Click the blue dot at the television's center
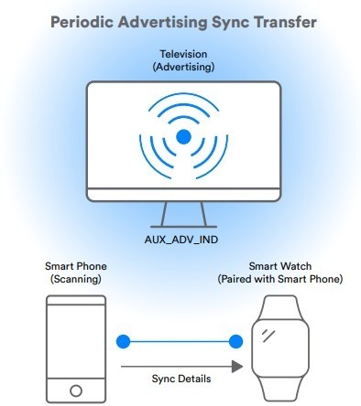click(184, 136)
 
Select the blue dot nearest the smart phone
click(123, 343)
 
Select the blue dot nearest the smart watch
click(235, 343)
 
